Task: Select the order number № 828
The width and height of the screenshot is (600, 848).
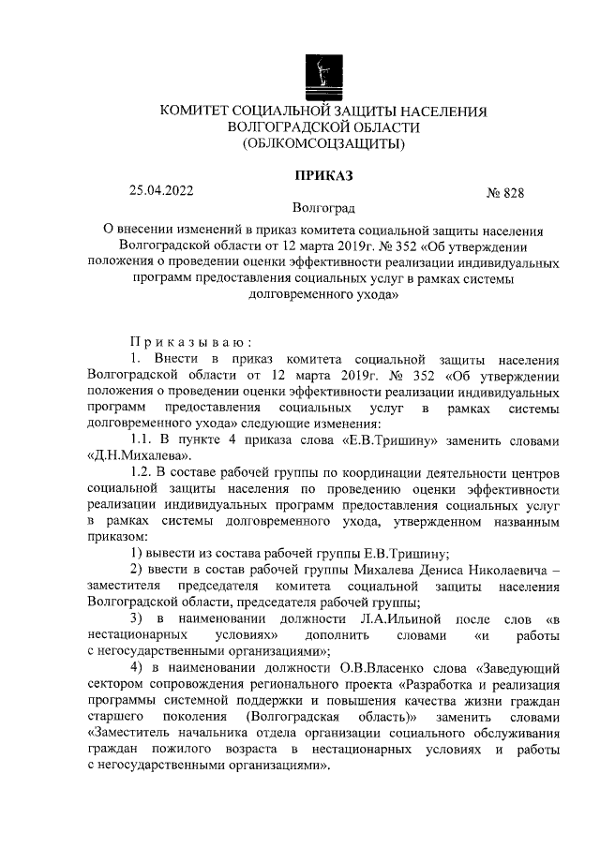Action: (x=504, y=194)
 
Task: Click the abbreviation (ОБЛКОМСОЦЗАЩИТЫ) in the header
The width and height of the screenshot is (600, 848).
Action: (x=323, y=143)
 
